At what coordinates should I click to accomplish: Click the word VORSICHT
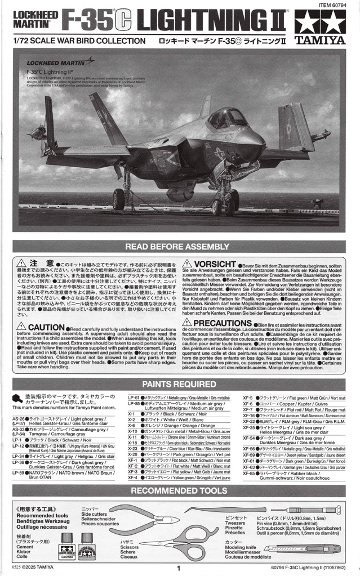click(214, 264)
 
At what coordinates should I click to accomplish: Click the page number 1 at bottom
click(178, 569)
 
